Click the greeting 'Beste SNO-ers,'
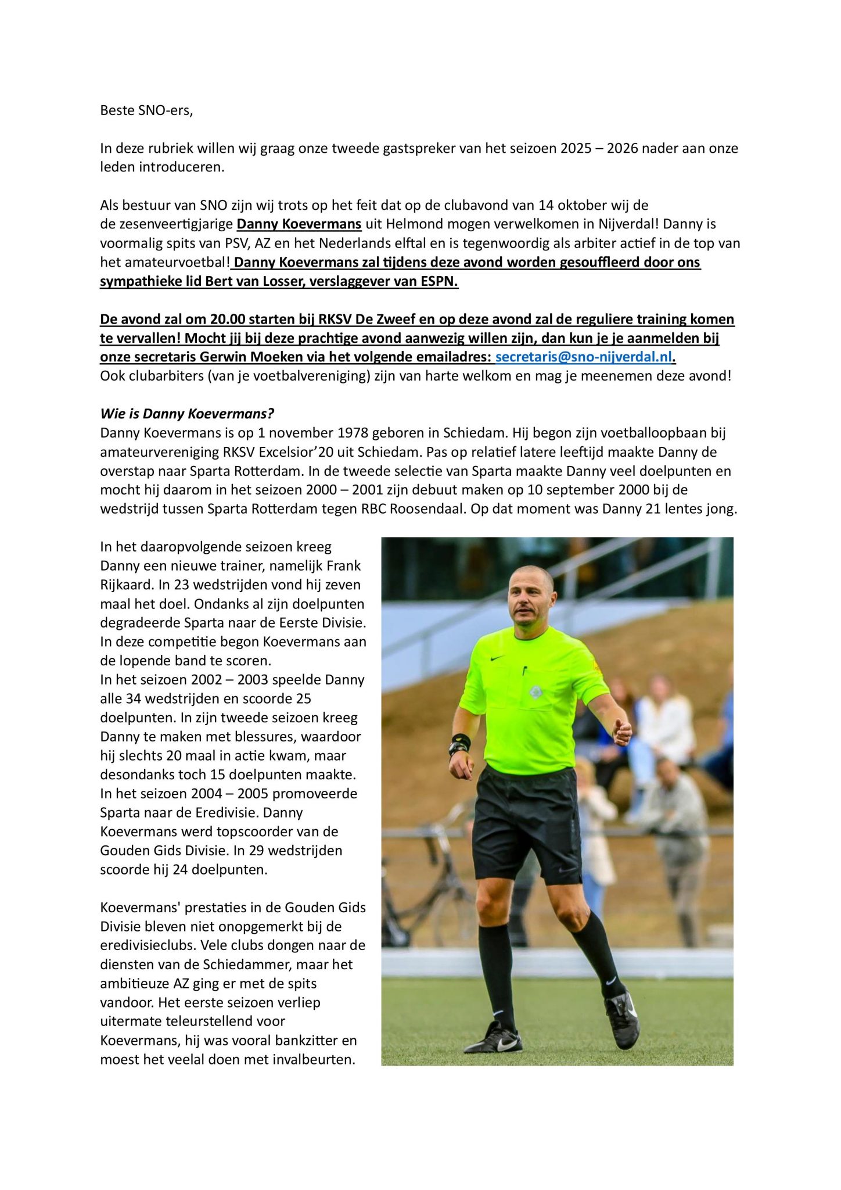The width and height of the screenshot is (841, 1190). coord(146,110)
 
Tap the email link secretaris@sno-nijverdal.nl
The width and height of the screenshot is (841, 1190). coord(583,357)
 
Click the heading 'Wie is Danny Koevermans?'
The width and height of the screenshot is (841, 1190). coord(187,414)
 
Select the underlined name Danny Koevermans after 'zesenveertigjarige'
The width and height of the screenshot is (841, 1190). coord(299,224)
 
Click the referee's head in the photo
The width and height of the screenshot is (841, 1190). coord(529,596)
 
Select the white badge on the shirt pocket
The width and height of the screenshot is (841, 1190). coord(535,692)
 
